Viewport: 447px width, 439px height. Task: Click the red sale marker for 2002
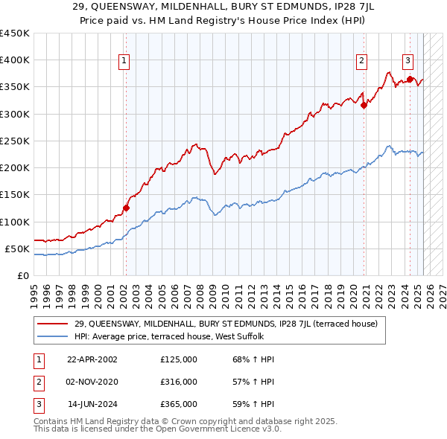(126, 208)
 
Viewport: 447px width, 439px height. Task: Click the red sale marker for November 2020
(364, 106)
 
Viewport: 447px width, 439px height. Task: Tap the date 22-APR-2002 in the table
(92, 359)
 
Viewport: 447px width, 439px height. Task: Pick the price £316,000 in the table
(178, 382)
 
